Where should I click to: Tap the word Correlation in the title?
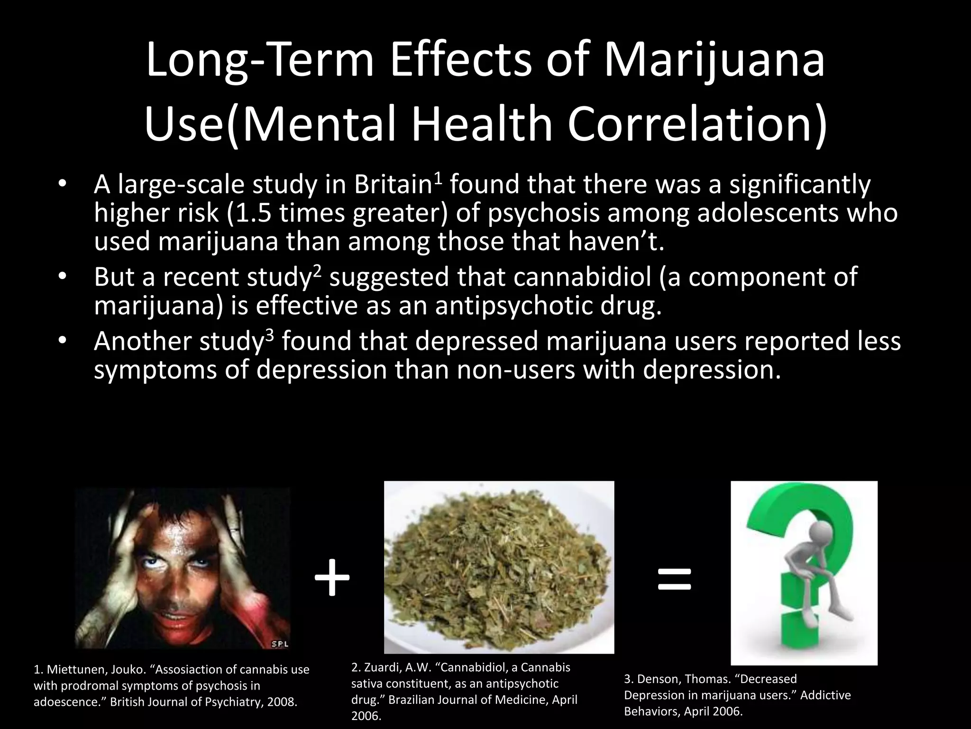[x=697, y=124]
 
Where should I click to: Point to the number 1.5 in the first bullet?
[x=253, y=213]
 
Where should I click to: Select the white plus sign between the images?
[x=332, y=578]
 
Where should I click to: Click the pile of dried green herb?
[x=498, y=570]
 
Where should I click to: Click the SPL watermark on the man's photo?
[x=280, y=644]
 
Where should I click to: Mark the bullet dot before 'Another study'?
[x=61, y=341]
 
